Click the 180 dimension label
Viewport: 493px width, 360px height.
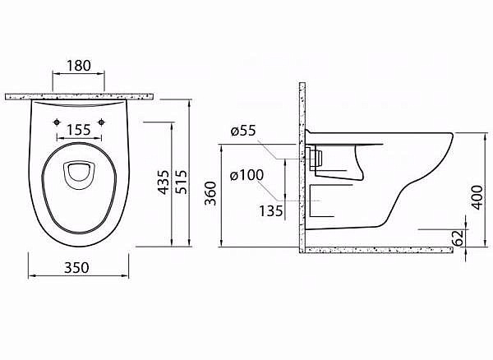(x=79, y=66)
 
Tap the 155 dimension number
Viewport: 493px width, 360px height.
(x=79, y=130)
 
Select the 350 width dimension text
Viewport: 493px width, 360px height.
(x=76, y=268)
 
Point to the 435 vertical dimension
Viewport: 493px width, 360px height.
(x=164, y=182)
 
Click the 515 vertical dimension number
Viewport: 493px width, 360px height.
(x=182, y=182)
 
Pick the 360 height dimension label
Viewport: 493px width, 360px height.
(x=210, y=193)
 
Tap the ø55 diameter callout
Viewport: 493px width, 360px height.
(x=243, y=131)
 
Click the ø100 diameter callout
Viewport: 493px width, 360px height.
(x=246, y=175)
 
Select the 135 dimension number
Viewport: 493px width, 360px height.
(x=271, y=211)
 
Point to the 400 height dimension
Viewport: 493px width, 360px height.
(x=477, y=197)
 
